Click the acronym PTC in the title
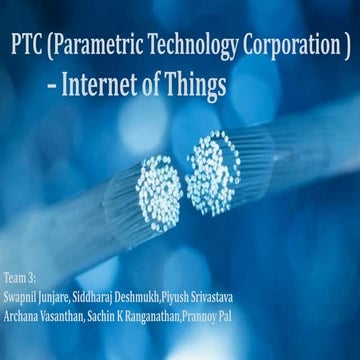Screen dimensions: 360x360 pos(29,46)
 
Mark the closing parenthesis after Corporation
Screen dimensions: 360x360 pos(344,46)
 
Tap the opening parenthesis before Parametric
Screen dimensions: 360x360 pos(52,46)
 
